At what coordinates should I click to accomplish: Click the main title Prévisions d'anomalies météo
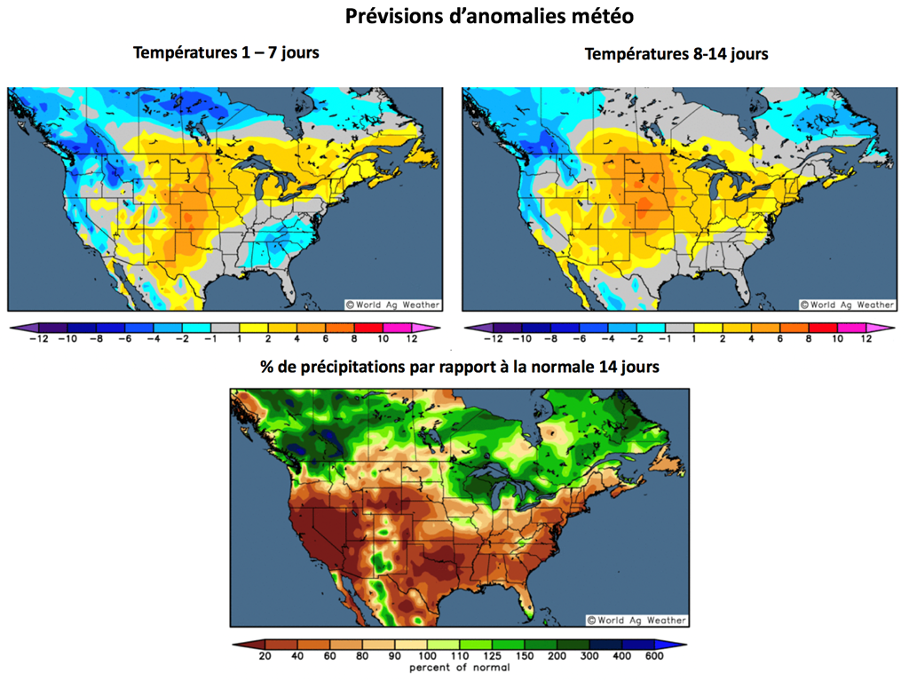tap(488, 16)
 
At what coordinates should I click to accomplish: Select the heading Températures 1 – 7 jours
tap(225, 52)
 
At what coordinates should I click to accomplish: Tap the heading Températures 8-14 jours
tap(676, 54)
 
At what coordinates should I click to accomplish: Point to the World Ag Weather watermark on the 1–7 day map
tap(392, 305)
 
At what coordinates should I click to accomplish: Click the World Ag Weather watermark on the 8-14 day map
tap(847, 305)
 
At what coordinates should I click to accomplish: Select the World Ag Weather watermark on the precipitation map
tap(636, 620)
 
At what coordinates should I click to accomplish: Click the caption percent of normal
tap(459, 667)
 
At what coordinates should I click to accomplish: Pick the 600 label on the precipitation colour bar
tap(655, 656)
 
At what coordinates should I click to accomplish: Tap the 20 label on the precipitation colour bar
tap(264, 656)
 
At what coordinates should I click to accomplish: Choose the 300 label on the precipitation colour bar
tap(589, 656)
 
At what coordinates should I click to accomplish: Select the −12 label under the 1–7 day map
tap(38, 338)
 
